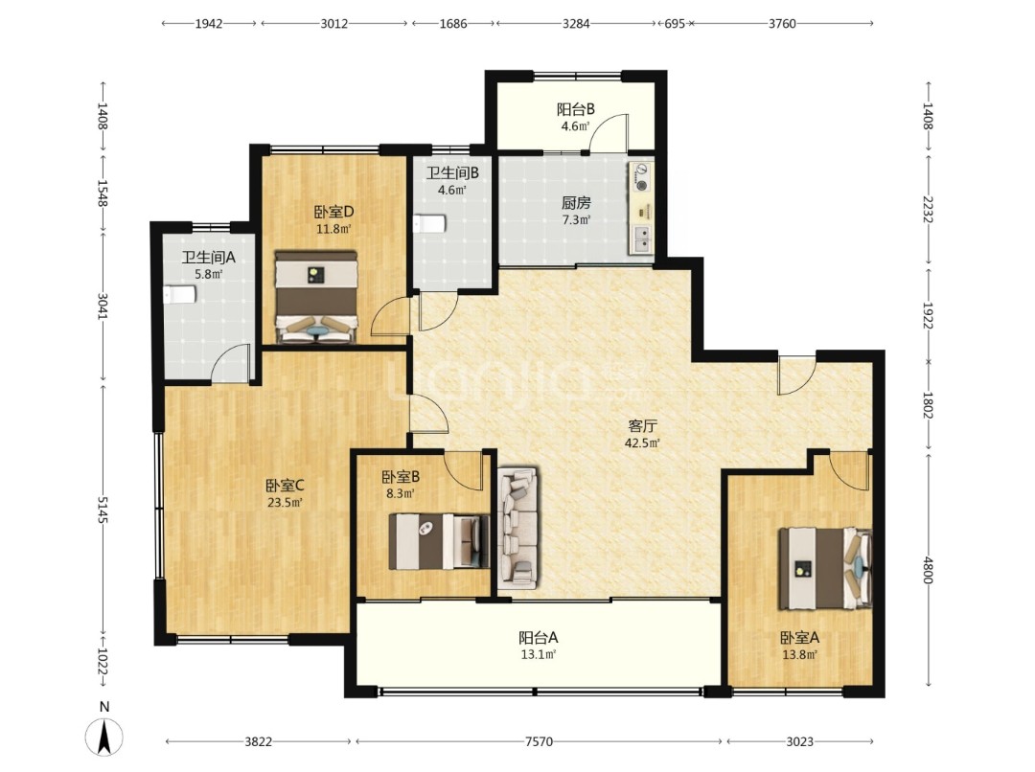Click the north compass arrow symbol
(103, 737)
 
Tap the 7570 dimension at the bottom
(539, 741)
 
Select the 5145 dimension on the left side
(103, 511)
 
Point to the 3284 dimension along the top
(576, 24)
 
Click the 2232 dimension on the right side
(928, 209)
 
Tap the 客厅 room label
(642, 425)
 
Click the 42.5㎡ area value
(642, 443)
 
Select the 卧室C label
(285, 486)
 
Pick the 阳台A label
(539, 637)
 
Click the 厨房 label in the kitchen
(576, 202)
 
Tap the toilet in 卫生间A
(179, 294)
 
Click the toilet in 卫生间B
(429, 224)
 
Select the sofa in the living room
(518, 527)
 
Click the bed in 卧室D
(316, 297)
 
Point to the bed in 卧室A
(825, 568)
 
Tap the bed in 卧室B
(439, 541)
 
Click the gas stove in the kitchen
(640, 177)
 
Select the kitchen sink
(641, 238)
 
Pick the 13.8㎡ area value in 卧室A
(800, 654)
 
